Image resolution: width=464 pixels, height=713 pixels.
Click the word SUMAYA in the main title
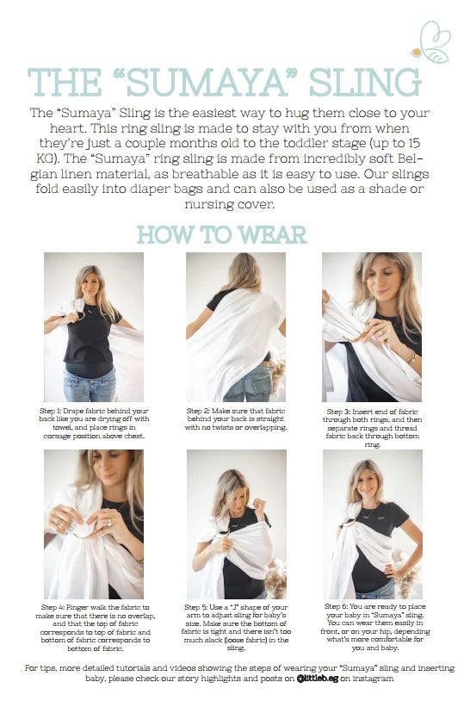(207, 83)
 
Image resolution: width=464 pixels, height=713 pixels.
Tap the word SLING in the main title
(365, 83)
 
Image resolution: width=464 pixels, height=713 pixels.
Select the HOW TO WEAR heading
(222, 235)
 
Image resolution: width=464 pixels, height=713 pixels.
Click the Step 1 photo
(94, 327)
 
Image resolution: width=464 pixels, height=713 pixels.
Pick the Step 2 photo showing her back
(236, 327)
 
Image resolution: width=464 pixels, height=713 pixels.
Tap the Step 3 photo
(372, 327)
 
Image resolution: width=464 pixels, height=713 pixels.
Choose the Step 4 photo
(94, 524)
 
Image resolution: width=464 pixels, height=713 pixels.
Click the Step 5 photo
(237, 524)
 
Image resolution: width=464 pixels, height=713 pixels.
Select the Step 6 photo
(372, 524)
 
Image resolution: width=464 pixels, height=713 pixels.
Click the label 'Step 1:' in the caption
(50, 411)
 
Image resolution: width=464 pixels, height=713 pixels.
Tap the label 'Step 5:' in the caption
(196, 607)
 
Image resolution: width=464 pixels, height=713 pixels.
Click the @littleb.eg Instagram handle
(318, 679)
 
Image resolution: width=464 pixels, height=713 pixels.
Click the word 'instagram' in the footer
(373, 679)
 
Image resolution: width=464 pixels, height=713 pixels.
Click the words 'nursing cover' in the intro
(230, 205)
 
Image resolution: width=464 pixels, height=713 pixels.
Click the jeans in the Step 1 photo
(90, 385)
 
